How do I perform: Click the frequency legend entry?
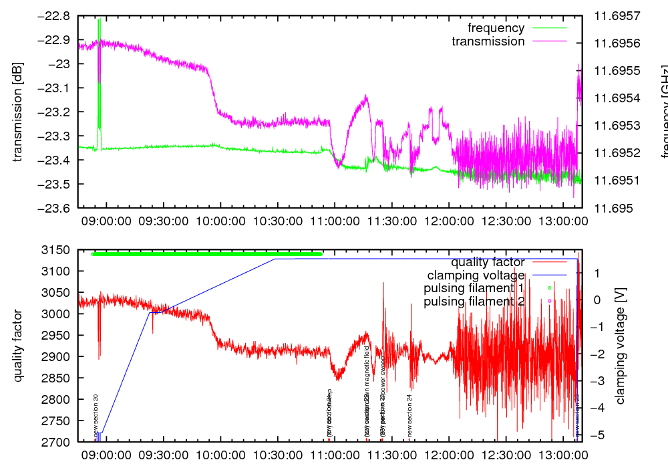(496, 28)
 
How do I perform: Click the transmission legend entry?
(488, 41)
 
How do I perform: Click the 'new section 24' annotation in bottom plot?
(409, 415)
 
